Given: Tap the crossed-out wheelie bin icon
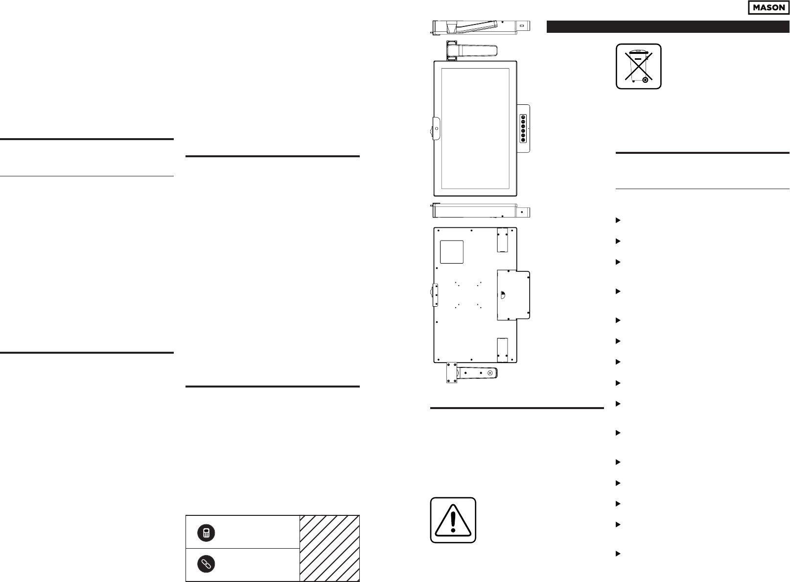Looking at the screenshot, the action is (638, 66).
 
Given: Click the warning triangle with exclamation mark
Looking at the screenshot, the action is (453, 520).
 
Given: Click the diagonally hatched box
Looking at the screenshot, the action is (330, 548).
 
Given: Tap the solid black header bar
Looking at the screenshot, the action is (668, 26).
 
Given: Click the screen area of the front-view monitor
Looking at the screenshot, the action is (475, 128).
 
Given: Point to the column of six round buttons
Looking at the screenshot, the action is (523, 128).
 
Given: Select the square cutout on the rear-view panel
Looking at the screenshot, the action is (451, 251).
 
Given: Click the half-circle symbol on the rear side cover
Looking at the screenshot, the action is (503, 294).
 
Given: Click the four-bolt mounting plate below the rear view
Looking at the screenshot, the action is (450, 373).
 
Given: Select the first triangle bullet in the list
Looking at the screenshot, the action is (618, 220).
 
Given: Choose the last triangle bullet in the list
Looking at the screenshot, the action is (618, 554).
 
